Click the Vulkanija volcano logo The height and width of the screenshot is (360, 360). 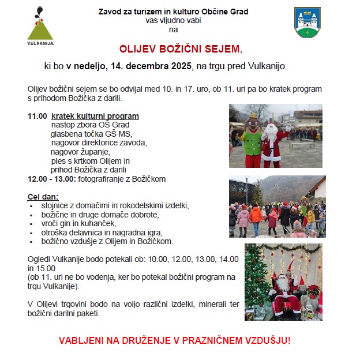pyautogui.click(x=40, y=25)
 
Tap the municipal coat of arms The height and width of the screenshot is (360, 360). pyautogui.click(x=307, y=22)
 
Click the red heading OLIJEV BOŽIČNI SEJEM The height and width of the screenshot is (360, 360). pyautogui.click(x=181, y=49)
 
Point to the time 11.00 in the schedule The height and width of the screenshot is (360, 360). pyautogui.click(x=37, y=116)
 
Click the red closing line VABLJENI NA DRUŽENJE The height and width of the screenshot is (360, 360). pyautogui.click(x=175, y=340)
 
